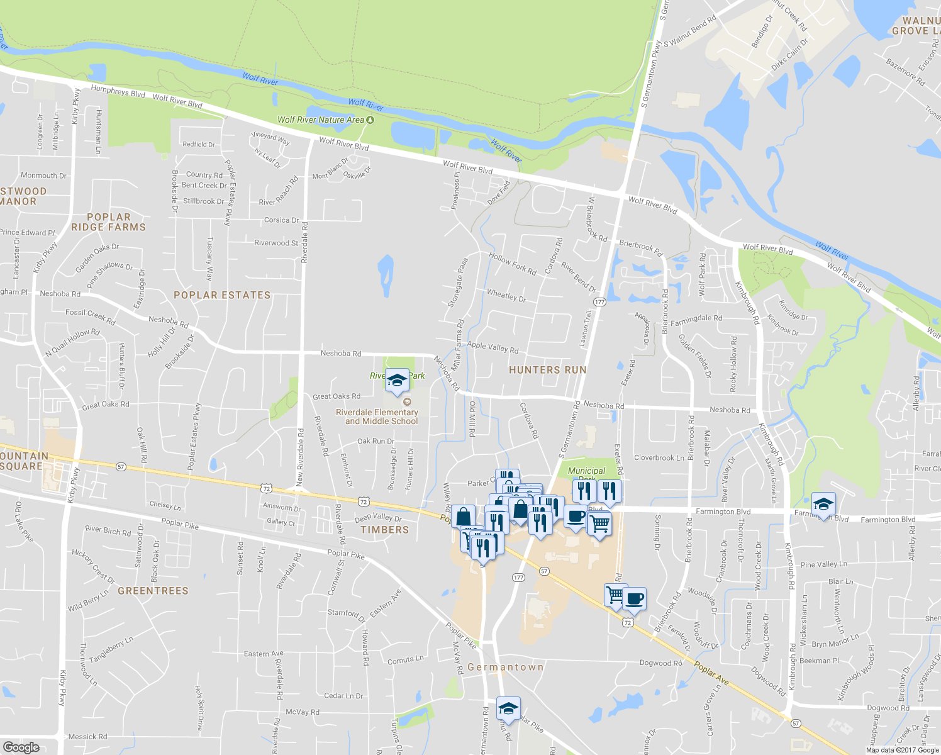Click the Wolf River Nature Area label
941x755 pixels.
pos(321,120)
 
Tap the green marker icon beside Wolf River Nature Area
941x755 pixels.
pos(371,120)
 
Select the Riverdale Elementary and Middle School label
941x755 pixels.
pos(377,417)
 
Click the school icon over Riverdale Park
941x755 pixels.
pos(397,381)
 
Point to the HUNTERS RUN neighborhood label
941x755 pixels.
pos(547,370)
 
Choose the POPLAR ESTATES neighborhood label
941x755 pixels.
pos(222,295)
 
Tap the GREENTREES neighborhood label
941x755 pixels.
pos(153,591)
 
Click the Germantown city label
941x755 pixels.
pos(506,667)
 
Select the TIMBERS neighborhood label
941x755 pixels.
pos(384,530)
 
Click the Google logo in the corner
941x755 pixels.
pos(21,747)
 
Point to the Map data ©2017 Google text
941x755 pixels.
pos(902,750)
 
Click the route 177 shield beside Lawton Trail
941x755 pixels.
pos(599,302)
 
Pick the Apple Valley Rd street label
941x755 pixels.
pos(493,347)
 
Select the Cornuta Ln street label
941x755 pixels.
pos(405,660)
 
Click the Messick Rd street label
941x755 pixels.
pos(87,736)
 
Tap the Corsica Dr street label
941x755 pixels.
pos(281,220)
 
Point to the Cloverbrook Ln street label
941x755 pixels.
pos(659,457)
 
